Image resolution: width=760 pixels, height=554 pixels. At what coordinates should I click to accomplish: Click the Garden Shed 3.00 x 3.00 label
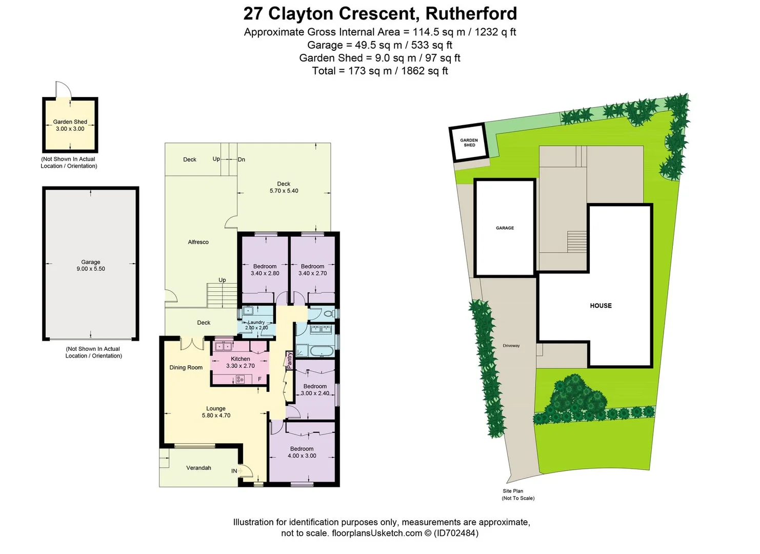pos(70,126)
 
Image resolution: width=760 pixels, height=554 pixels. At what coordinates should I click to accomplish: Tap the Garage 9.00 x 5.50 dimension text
pos(91,266)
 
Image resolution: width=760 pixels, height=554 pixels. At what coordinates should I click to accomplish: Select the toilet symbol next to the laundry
pos(328,313)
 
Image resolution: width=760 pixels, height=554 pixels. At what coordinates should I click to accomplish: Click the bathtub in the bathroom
pos(322,352)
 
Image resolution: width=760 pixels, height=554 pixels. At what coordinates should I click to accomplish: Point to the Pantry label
pos(289,360)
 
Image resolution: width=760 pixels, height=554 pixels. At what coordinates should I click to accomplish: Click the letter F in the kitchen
pos(259,379)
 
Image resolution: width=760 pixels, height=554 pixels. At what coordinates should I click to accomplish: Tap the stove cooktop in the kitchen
pos(240,380)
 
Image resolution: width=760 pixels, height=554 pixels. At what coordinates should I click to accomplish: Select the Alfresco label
pos(198,242)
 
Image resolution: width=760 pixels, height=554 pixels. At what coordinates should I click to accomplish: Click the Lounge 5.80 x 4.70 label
pos(216,412)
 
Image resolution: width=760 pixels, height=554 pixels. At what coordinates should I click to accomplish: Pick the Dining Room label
pos(186,368)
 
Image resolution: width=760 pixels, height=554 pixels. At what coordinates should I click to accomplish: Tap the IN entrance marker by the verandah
pos(234,471)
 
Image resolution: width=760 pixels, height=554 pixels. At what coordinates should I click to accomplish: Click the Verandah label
pos(198,468)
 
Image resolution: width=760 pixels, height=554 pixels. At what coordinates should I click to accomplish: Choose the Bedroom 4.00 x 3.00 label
pos(302,452)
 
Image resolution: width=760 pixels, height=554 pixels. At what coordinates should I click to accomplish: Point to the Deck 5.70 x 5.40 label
pos(284,187)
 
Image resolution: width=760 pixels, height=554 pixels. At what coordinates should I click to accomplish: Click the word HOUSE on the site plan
pos(601,306)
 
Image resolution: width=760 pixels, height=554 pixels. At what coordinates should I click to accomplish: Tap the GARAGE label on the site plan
pos(505,228)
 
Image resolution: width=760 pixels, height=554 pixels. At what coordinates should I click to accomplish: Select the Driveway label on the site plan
pos(511,346)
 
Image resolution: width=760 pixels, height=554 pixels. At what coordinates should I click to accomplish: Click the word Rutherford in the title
pos(471,13)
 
